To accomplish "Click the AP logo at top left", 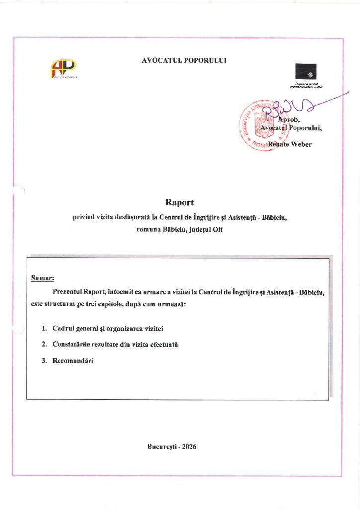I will (x=63, y=69).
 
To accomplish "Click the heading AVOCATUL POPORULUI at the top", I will (x=184, y=60).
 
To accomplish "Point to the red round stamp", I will (x=257, y=124).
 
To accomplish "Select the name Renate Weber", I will (x=290, y=145).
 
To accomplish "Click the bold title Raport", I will (x=179, y=202).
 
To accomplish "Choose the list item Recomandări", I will (x=73, y=361).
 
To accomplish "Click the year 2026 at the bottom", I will (x=189, y=446).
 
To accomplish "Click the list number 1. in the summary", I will (x=44, y=329).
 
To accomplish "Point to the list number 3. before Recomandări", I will (x=44, y=361).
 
